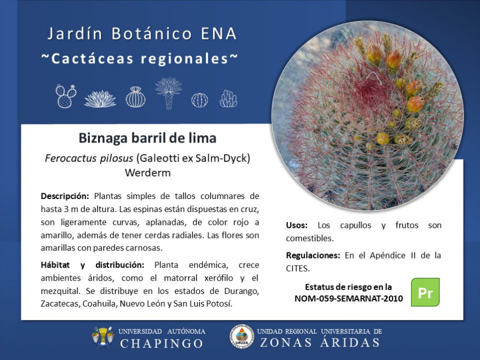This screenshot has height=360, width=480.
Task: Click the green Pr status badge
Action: [x=425, y=292]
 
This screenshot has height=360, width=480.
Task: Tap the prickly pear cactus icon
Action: [x=66, y=96]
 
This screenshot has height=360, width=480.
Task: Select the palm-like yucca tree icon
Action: [x=168, y=93]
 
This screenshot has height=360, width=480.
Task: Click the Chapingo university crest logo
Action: [x=103, y=336]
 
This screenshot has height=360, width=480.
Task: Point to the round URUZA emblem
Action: [x=242, y=336]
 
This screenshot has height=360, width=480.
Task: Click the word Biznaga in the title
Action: [x=103, y=138]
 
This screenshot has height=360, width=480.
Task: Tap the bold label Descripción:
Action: [x=65, y=196]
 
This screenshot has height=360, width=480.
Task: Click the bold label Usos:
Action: [x=296, y=225]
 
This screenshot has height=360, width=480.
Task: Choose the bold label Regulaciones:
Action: [x=313, y=255]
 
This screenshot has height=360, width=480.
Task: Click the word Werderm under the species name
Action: [x=147, y=173]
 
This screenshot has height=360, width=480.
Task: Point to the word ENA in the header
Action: [x=219, y=33]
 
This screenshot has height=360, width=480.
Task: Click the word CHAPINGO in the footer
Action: [x=161, y=343]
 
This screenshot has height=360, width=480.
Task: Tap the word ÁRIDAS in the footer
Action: [x=349, y=342]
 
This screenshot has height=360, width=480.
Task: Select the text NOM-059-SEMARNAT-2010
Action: [x=348, y=298]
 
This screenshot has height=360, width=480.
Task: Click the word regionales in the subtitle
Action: [x=184, y=59]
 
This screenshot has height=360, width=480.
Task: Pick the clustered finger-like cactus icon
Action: [x=228, y=98]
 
